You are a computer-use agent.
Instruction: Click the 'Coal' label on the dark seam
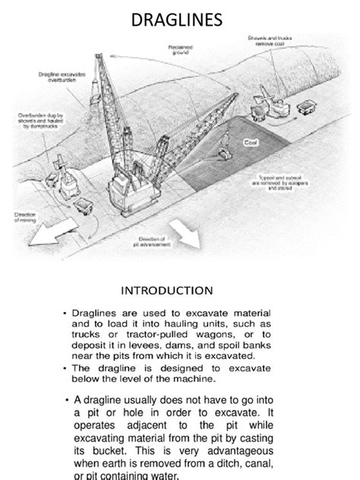pos(250,141)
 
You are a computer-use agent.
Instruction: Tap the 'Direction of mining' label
pos(26,218)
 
